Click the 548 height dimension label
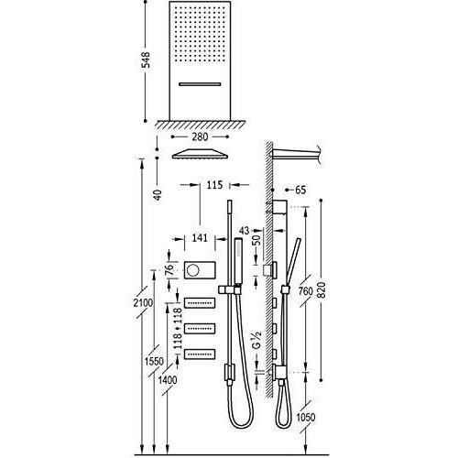147,60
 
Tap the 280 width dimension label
200,136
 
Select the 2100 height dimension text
143,303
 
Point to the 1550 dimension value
154,362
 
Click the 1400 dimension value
168,380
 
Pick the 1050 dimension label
305,417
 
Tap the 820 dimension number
322,290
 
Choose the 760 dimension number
305,291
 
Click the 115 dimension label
214,185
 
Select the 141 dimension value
200,237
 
